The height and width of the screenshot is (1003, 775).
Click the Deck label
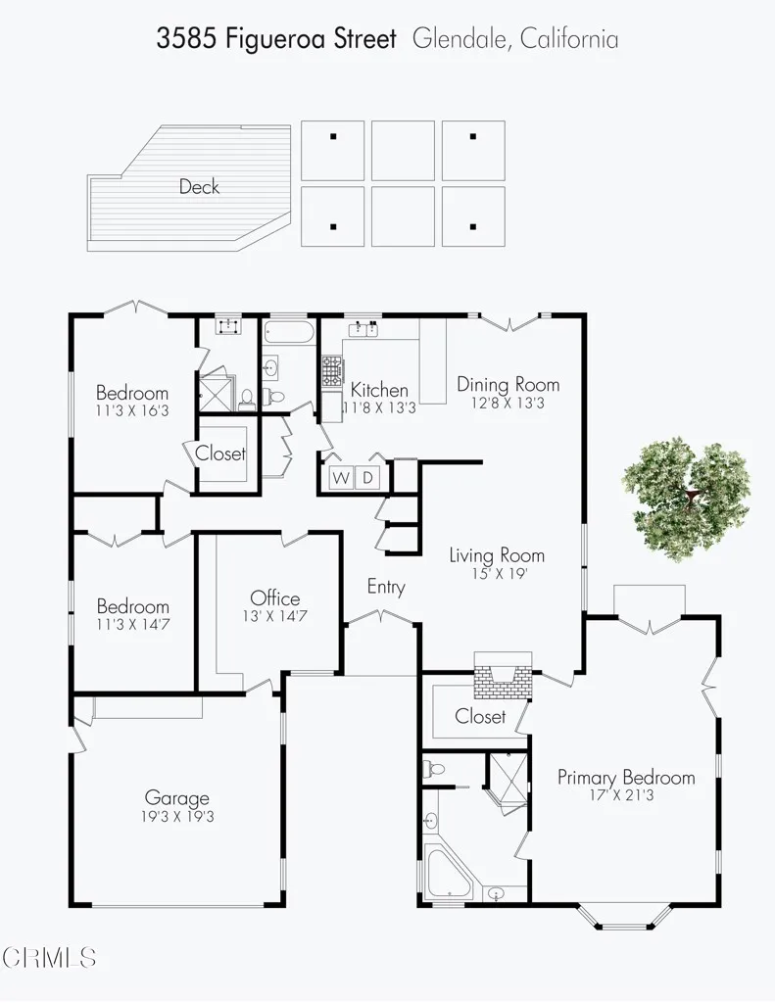pos(199,186)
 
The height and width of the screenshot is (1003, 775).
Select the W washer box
pos(341,478)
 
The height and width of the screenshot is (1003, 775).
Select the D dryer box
pos(368,478)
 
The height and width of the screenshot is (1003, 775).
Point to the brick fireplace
pos(502,676)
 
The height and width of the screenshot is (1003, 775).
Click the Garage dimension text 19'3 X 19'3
pos(177,817)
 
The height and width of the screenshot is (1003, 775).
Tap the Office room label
pos(275,598)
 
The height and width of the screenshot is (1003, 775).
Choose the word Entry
pos(386,587)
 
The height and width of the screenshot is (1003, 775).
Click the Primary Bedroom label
pos(626,778)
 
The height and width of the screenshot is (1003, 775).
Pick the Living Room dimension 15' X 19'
pos(497,574)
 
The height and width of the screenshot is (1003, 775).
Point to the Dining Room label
pos(509,384)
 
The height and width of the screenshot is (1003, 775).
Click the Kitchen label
pos(379,391)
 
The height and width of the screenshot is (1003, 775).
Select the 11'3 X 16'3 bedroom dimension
pos(132,411)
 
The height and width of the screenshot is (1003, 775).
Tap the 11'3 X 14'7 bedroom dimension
pos(132,624)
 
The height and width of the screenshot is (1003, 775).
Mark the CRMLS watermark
pos(49,957)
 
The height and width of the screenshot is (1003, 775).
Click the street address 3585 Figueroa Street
pos(277,39)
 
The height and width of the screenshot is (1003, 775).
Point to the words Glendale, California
pos(515,39)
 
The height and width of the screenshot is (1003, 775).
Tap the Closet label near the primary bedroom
pos(480,717)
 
